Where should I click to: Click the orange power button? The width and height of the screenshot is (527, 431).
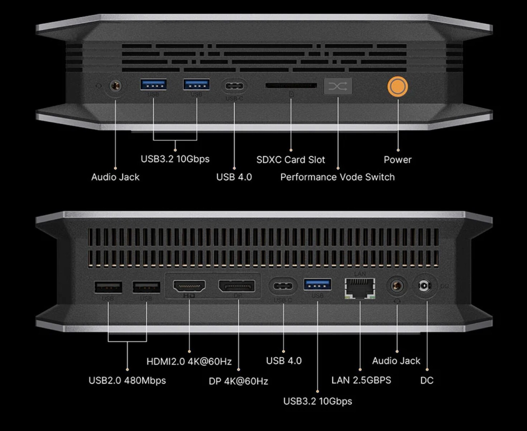397,87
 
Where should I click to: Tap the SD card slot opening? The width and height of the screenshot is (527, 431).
291,85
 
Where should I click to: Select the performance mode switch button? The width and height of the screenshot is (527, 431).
338,86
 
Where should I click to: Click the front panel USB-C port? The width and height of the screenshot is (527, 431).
234,86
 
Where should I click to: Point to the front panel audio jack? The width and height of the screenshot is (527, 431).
115,86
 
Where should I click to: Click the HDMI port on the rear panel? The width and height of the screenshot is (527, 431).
189,286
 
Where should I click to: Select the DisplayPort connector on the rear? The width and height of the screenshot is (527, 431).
237,286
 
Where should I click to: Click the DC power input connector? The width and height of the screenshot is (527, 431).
424,286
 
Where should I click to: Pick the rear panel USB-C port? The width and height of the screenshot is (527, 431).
283,286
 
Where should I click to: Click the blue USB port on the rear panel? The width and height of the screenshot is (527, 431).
317,284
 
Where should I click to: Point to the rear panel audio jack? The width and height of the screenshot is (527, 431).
397,286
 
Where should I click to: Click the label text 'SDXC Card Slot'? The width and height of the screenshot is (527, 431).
291,160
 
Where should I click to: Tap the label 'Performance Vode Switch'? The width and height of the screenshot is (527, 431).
337,177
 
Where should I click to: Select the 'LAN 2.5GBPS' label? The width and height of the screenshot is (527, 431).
361,380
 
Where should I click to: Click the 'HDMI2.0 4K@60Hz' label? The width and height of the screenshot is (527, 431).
189,361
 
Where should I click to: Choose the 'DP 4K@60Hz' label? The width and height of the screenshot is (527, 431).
238,381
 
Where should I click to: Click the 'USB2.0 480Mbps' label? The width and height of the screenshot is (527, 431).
127,380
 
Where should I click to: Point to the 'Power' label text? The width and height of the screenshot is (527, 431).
397,160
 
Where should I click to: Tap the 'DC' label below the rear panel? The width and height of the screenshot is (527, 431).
427,380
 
